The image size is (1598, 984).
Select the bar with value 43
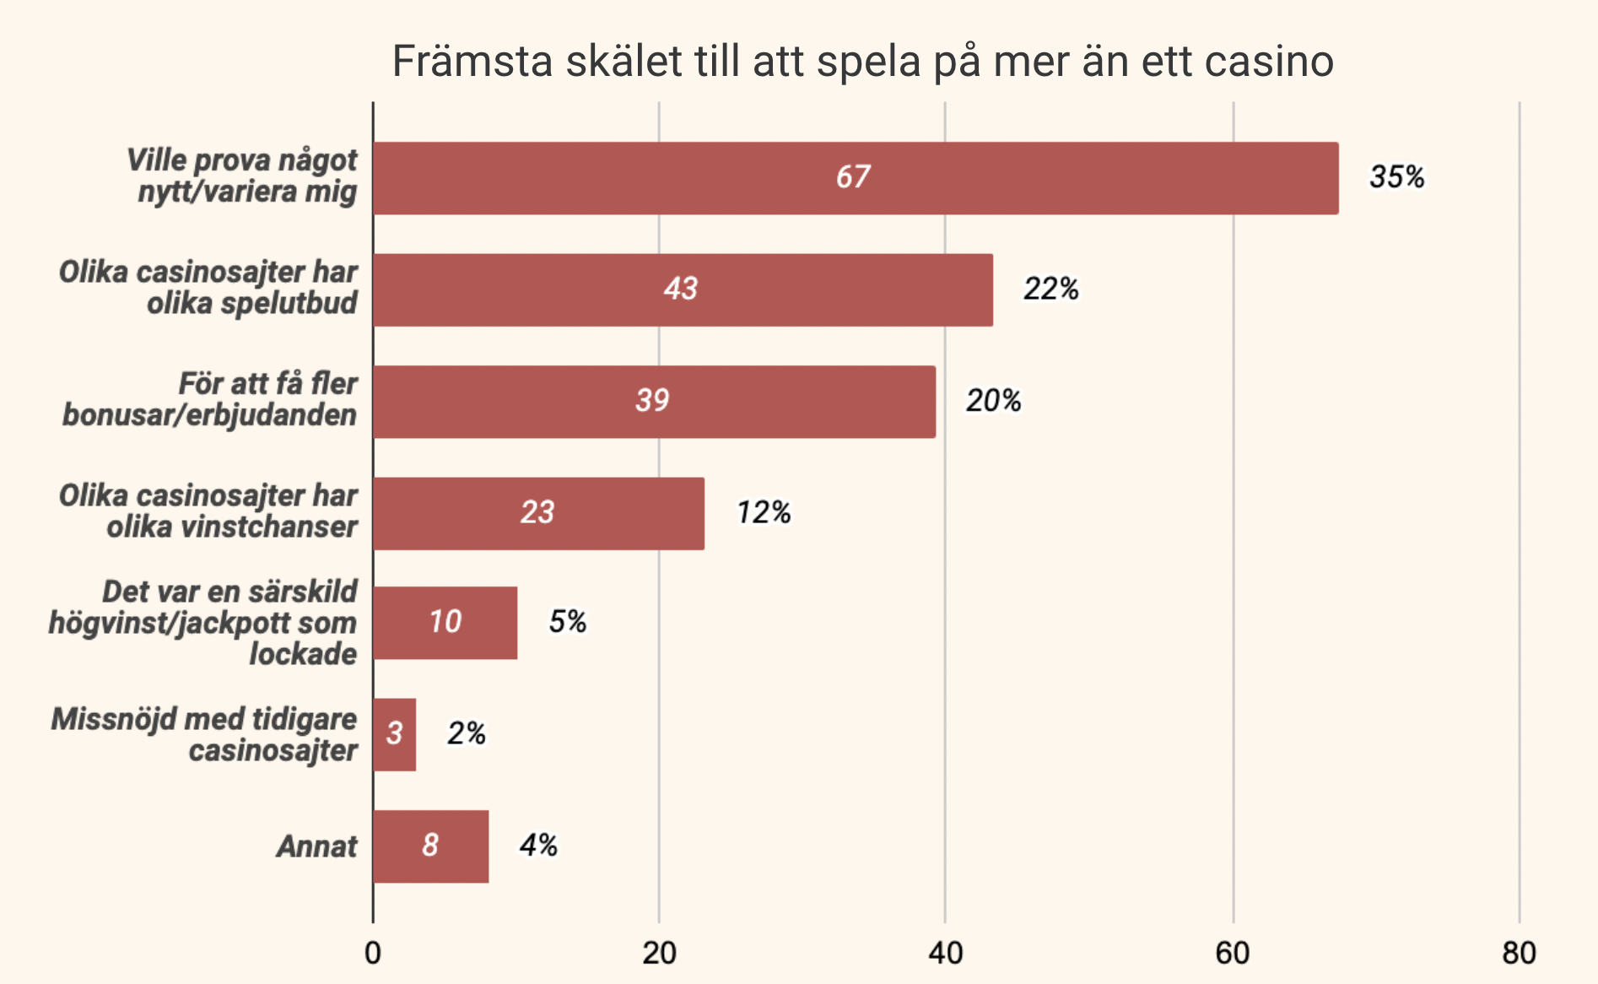(x=682, y=289)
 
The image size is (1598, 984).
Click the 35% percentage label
(x=1396, y=177)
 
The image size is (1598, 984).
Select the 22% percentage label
(x=1050, y=289)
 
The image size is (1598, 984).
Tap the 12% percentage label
(x=764, y=512)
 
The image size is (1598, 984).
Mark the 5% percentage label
(x=567, y=622)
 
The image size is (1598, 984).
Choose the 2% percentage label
(x=466, y=733)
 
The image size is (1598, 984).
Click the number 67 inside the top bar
(x=853, y=177)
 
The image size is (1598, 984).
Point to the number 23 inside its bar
(x=537, y=512)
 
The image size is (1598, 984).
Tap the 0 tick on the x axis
(x=373, y=953)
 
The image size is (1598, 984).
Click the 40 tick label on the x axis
(x=945, y=953)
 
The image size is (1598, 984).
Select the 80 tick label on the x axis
(x=1519, y=953)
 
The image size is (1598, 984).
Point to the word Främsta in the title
(x=472, y=62)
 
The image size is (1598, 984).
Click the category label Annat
(x=317, y=846)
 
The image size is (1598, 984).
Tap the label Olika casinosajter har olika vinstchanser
(x=209, y=511)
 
